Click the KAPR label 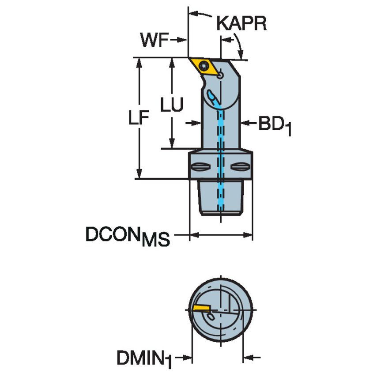pos(241,23)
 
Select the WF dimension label pos(154,40)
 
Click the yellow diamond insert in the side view pos(204,67)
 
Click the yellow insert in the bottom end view pos(201,307)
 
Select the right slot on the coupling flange pos(241,167)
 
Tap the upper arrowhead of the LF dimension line pos(140,61)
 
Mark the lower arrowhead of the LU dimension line pos(171,145)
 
